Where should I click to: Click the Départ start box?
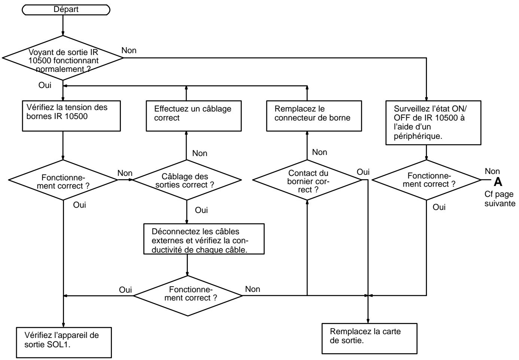coord(66,10)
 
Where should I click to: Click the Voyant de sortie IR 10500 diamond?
coord(63,58)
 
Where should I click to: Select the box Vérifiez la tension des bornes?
coord(71,116)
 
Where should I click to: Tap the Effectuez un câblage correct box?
coord(194,116)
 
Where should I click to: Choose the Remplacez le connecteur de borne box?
coord(314,116)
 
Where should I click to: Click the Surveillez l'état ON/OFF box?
coord(433,123)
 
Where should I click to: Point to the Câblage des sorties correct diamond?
coord(187,180)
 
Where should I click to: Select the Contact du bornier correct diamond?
coord(307,180)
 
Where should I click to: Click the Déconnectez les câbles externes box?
coord(204,239)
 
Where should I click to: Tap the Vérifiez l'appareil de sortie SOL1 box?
coord(64,342)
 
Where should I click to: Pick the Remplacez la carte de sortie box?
coord(370,338)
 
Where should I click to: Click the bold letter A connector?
coord(498,182)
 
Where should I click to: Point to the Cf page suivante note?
coord(500,199)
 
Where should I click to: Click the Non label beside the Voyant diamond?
coord(129,50)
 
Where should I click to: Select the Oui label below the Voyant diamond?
coord(45,85)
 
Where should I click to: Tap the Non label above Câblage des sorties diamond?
coord(200,153)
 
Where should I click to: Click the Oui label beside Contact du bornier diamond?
coord(363,172)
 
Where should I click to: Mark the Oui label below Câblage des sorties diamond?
coord(201,210)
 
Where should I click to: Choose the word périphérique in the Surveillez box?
coord(418,136)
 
